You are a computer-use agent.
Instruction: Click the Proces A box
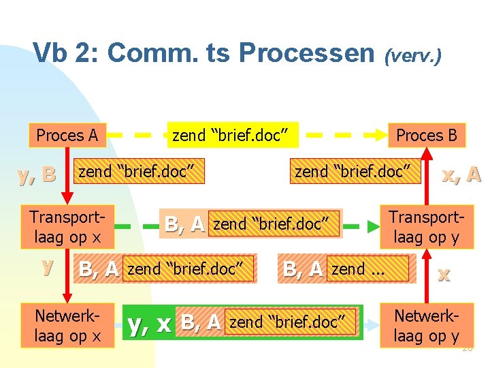click(x=67, y=135)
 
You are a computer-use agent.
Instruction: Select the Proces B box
click(x=427, y=135)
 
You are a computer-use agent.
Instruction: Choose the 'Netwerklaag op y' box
click(x=427, y=326)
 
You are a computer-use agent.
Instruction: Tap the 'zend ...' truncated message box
click(x=367, y=269)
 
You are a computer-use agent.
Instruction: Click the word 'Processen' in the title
click(x=307, y=52)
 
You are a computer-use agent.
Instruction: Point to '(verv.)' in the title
click(x=414, y=55)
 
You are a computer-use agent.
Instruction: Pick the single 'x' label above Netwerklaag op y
click(x=444, y=274)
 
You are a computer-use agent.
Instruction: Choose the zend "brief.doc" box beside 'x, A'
click(x=352, y=172)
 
